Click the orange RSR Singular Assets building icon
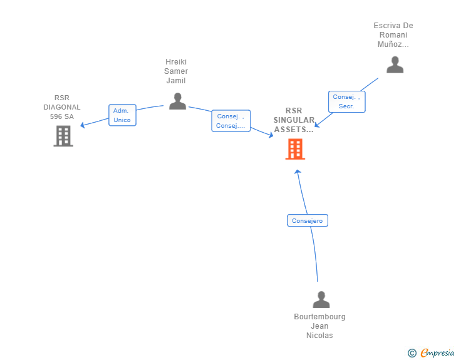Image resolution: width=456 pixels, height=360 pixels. pos(295,149)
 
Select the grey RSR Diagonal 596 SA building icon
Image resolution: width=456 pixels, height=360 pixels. pos(63,136)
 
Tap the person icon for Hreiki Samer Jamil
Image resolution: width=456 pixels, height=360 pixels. pos(178,101)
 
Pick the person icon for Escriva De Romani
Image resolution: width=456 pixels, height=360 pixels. pos(395,64)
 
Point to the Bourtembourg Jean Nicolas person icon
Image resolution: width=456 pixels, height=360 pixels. pos(321,299)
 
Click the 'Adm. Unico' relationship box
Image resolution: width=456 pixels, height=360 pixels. pos(122,115)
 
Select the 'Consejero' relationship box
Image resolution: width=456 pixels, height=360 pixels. pos(308,220)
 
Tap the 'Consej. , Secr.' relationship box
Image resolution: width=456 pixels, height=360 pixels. pos(346,101)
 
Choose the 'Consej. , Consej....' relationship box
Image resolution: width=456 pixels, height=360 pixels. pos(231,121)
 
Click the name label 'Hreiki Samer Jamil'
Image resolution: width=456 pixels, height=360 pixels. pos(176,71)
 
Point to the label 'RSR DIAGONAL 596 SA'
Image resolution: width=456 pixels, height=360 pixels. pos(62,107)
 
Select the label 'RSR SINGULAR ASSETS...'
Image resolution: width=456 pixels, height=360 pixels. pos(294,120)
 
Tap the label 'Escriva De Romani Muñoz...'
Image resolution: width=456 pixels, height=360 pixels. pos(393,35)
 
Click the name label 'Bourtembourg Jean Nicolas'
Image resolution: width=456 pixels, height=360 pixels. pos(319,326)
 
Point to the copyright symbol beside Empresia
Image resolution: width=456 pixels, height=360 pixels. pos(412,353)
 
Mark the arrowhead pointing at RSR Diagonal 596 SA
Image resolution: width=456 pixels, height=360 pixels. pos(82,125)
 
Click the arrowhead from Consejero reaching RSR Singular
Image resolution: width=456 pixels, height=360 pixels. pos(298,171)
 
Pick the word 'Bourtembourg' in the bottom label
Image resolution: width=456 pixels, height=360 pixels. pos(319,317)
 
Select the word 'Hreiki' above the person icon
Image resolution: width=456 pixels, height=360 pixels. pos(176,62)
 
